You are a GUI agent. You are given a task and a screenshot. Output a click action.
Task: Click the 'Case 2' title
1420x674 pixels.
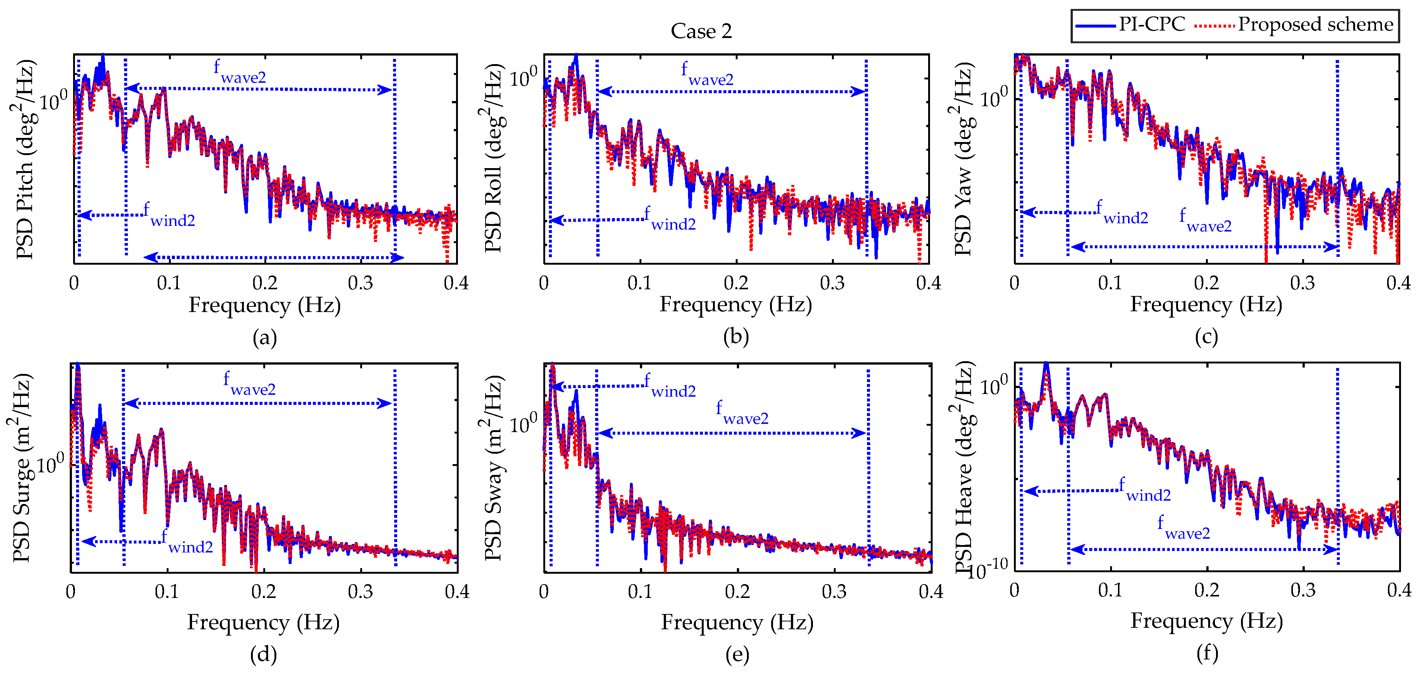[701, 31]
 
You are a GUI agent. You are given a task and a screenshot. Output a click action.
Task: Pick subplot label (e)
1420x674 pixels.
[737, 654]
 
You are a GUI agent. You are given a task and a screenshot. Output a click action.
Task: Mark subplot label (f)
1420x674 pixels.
[1207, 653]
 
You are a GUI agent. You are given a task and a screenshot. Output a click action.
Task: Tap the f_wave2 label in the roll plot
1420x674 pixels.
[707, 75]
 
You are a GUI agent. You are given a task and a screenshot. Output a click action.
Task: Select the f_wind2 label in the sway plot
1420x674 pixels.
[670, 386]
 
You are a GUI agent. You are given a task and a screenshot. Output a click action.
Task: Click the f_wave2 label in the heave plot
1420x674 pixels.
[1184, 527]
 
